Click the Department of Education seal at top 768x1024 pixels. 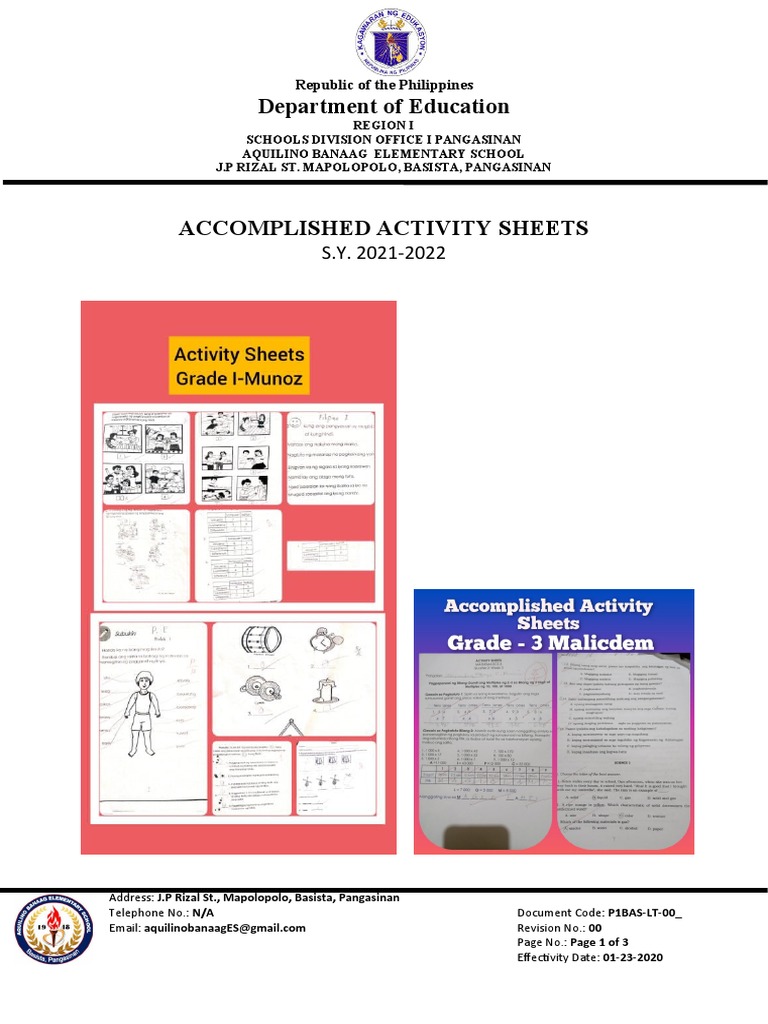coord(383,38)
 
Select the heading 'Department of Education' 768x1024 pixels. coord(384,106)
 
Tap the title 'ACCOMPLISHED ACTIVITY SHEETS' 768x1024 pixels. coord(384,229)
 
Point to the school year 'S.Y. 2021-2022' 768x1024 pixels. coord(384,253)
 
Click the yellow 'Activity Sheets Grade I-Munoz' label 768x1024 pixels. coord(239,366)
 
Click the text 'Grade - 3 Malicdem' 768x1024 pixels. coord(547,641)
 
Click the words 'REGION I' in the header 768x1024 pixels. coord(384,125)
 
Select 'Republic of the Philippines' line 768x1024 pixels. coord(384,85)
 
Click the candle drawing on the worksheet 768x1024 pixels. coord(332,693)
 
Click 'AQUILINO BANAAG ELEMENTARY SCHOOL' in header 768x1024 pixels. coord(384,153)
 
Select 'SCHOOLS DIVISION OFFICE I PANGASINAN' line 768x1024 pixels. coord(384,139)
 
